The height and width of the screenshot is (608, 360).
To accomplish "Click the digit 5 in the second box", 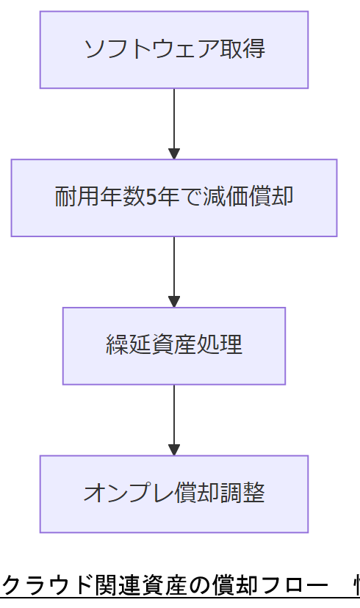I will (151, 198).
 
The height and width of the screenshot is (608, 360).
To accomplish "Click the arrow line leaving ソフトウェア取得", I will (174, 117).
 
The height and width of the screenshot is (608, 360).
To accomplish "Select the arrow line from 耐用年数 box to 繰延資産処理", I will (174, 265).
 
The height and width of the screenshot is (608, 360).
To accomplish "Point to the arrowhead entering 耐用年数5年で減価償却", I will (174, 153).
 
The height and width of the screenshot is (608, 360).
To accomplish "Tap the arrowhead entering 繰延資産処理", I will (174, 302).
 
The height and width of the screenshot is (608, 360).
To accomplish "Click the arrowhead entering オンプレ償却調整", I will (174, 449).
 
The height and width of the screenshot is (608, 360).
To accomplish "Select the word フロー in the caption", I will (289, 586).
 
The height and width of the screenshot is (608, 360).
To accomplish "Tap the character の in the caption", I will (198, 586).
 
